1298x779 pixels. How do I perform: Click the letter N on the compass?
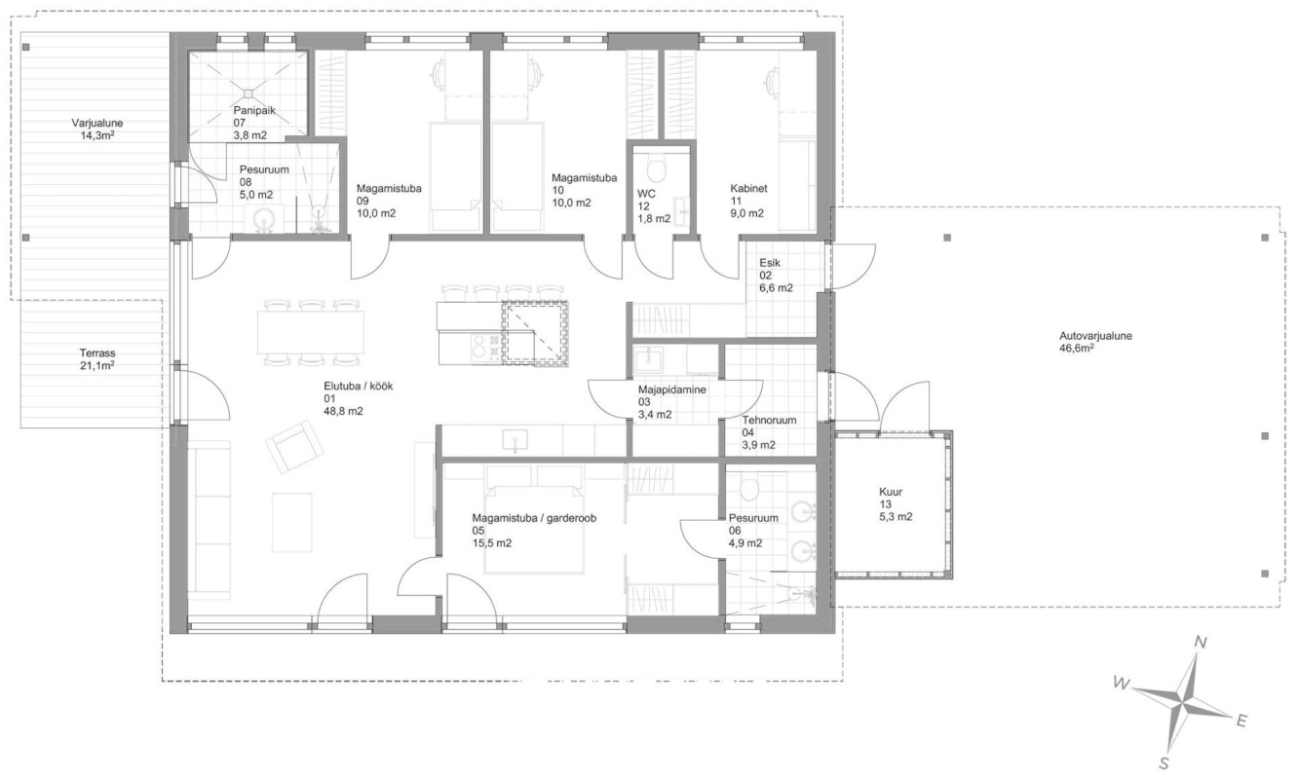pos(1201,642)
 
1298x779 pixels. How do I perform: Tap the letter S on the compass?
pos(1164,764)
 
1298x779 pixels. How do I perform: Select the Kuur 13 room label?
pos(896,503)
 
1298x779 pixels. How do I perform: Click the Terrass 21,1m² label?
pos(96,359)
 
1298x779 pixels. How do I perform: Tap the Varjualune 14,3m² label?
pos(96,130)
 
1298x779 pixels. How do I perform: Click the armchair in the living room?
pos(294,447)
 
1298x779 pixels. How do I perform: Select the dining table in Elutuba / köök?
pos(311,332)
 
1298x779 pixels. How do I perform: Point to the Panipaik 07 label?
pos(253,123)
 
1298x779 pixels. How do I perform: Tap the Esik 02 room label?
pos(776,276)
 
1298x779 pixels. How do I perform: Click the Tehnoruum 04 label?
pos(769,432)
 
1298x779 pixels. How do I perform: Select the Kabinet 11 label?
pos(748,201)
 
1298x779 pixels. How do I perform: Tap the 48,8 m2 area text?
pos(343,411)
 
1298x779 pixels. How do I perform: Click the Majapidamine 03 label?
pos(671,402)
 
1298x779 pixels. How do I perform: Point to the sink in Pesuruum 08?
pos(265,218)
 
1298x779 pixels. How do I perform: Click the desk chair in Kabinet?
pos(773,78)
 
